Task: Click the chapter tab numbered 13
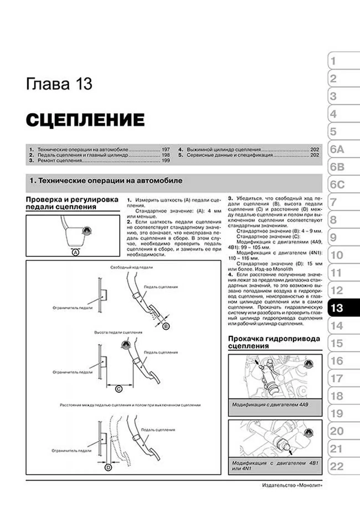(337, 308)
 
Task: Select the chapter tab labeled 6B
(337, 167)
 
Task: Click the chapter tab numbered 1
(333, 61)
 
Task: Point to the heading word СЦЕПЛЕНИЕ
(85, 120)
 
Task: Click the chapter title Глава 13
(59, 84)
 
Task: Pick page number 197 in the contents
(166, 149)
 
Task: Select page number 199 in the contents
(166, 161)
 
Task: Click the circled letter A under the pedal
(75, 252)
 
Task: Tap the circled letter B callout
(166, 326)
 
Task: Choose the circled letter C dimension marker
(119, 389)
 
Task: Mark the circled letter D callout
(108, 467)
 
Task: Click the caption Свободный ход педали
(132, 267)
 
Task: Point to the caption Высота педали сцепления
(118, 332)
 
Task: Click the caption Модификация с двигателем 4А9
(270, 405)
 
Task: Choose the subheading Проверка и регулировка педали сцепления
(72, 203)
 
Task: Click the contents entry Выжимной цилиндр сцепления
(224, 149)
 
